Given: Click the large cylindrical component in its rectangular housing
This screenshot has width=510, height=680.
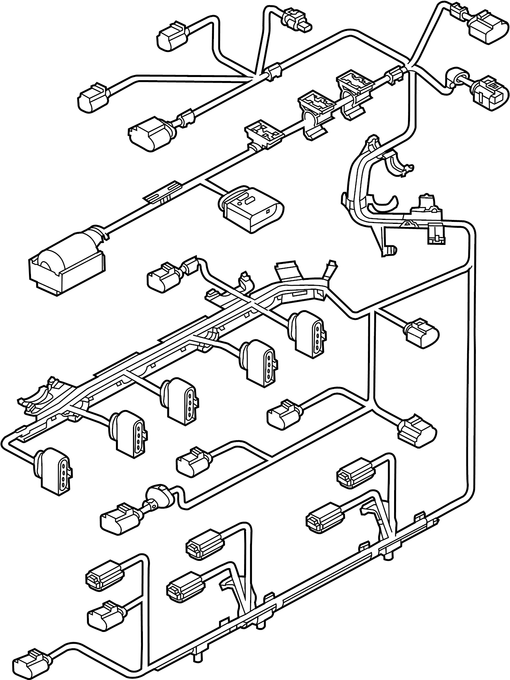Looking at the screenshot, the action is pos(65,262).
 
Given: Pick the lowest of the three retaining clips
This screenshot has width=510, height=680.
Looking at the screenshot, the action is pos(264,135).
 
